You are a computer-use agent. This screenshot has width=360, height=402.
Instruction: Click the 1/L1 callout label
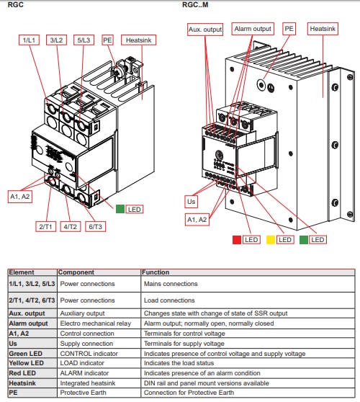point(30,40)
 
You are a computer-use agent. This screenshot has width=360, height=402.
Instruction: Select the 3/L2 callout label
point(57,40)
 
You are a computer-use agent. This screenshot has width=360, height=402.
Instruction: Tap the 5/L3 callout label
point(84,40)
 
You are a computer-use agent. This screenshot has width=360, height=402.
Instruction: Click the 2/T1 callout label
point(45,226)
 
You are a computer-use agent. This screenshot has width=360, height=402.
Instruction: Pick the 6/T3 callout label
point(96,226)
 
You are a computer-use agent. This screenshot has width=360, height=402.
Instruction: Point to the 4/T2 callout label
point(70,226)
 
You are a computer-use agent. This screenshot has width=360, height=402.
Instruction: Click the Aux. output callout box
point(204,29)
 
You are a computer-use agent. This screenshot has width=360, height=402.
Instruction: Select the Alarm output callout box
point(253,29)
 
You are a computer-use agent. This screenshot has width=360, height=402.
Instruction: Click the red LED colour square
point(236,239)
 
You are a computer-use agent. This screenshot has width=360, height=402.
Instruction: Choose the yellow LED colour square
point(271,239)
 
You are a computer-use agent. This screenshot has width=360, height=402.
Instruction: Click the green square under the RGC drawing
point(120,209)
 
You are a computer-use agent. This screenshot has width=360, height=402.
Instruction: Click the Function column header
point(157,273)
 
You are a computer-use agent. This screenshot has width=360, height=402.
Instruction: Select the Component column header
point(76,273)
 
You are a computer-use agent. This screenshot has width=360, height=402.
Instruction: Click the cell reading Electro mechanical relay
point(89,323)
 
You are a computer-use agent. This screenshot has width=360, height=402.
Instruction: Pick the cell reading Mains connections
point(172,284)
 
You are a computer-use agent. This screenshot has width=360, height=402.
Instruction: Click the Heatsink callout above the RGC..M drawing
point(322,29)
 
